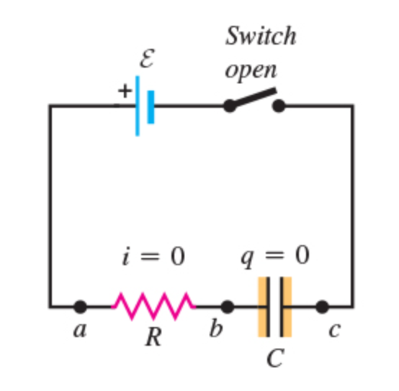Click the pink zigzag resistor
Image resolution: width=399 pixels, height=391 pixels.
[153, 306]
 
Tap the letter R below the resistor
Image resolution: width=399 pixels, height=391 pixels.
[153, 336]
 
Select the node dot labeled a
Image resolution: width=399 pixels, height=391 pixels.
[80, 307]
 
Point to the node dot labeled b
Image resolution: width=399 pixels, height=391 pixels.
[228, 307]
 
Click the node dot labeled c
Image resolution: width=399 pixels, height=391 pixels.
[322, 307]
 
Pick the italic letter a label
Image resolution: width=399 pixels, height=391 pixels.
[80, 331]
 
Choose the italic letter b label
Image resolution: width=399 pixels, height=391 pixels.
[216, 328]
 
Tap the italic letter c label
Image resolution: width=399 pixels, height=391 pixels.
[334, 331]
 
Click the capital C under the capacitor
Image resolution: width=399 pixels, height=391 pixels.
[275, 357]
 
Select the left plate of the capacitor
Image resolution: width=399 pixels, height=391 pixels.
[268, 307]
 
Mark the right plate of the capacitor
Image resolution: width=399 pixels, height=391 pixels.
[282, 307]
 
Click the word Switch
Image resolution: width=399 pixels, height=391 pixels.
[261, 35]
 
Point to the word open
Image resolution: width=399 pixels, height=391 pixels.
[251, 70]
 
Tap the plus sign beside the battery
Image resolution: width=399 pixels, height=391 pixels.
[125, 91]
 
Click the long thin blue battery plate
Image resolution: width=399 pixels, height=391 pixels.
[138, 106]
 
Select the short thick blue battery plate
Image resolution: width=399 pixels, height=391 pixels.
[151, 107]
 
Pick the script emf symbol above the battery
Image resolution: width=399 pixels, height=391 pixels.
[148, 59]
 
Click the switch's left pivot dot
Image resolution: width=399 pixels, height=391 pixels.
[230, 106]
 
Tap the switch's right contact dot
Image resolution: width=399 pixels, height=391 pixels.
[279, 106]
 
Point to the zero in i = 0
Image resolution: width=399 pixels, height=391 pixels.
[178, 257]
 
